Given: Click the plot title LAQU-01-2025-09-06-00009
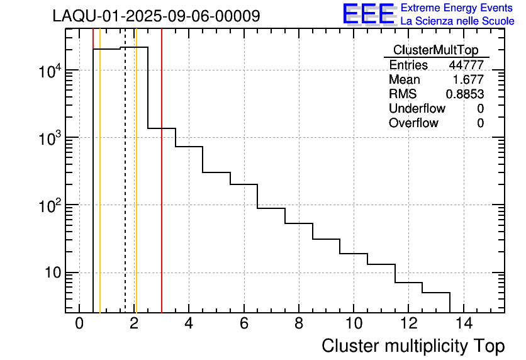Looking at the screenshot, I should point(156,16).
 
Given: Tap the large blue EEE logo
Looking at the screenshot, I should point(368,14).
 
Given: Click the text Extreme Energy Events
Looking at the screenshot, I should point(457,8).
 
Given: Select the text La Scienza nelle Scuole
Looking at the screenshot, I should point(457,21).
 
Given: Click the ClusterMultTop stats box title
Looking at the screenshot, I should point(435,50).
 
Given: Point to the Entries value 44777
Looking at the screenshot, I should point(466,65).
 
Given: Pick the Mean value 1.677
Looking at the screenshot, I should point(468,80).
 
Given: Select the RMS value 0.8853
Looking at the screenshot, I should point(464,94).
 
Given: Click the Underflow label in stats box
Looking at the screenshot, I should point(417,109).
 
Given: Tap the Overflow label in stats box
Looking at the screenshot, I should point(413,123).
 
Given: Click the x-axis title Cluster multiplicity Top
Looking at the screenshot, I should point(413,346).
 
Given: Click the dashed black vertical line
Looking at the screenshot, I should point(125,189).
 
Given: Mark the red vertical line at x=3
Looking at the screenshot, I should point(162,189).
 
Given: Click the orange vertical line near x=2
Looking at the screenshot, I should point(136,189).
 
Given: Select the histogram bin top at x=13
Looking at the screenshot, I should point(436,293).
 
